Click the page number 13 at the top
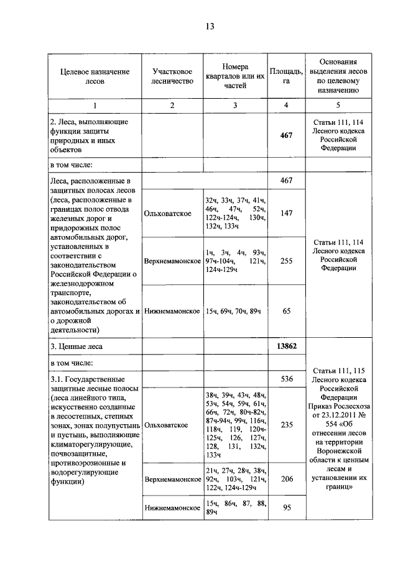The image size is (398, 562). pos(210,26)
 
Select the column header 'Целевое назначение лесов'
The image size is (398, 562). pos(95,76)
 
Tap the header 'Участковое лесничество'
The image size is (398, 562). pos(172,76)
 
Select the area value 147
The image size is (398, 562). pos(286,213)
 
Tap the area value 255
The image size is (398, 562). pos(286,261)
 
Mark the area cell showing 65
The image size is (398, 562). pos(286,311)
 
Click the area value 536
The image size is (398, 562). pos(286,378)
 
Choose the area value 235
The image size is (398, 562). pos(286,425)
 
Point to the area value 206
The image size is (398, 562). pos(286,479)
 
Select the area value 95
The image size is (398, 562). pos(286,507)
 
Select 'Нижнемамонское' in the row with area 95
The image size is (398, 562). pos(172,507)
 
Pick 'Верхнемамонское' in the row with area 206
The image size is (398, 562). pos(172,479)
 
